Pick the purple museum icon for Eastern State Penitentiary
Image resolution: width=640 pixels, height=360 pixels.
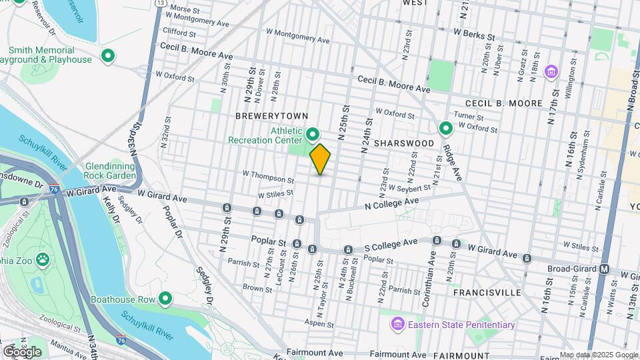point(397,325)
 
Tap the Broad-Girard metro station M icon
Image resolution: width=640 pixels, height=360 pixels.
point(605,269)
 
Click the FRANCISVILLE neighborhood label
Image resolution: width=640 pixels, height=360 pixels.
point(487,292)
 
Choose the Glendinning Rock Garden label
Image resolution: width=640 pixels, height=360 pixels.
point(111,171)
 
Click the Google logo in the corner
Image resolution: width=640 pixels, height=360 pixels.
point(22,352)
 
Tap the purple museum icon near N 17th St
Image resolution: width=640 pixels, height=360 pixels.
point(551,71)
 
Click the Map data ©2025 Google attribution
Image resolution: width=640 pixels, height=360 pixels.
point(598,355)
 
